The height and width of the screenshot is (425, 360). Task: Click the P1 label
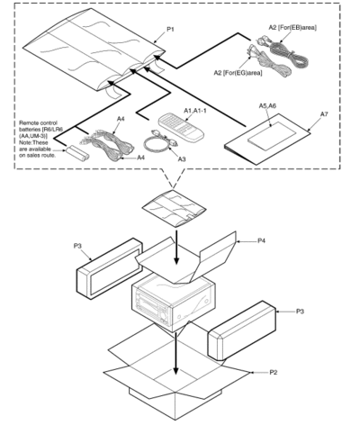tap(170, 30)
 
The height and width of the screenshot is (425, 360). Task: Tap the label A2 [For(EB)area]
tap(292, 27)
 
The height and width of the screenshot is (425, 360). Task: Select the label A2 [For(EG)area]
tap(238, 73)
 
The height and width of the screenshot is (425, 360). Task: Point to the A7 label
tap(324, 114)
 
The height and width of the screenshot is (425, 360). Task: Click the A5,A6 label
tap(267, 106)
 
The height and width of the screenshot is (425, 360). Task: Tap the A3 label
tap(182, 159)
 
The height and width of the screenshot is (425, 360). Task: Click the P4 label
tap(262, 240)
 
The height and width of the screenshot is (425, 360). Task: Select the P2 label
tap(273, 373)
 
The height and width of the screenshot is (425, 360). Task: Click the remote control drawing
tap(181, 126)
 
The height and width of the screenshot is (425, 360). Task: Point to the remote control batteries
tap(77, 151)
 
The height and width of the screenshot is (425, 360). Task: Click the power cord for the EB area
tap(285, 52)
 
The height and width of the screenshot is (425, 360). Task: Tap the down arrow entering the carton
tap(176, 353)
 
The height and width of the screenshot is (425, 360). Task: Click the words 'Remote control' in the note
tap(38, 122)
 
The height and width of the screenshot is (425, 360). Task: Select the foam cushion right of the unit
tap(242, 330)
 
